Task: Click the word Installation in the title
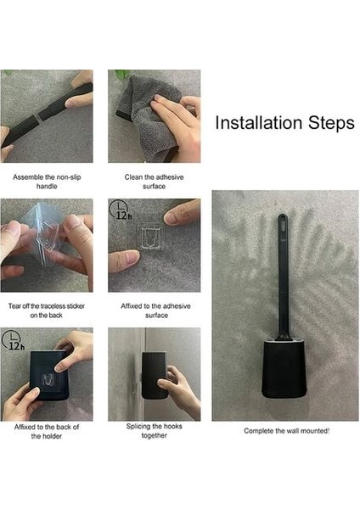pyautogui.click(x=259, y=123)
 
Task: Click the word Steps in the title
pyautogui.click(x=331, y=123)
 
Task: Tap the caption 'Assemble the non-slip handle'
pyautogui.click(x=47, y=182)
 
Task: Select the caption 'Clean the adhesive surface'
pyautogui.click(x=154, y=182)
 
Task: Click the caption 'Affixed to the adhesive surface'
pyautogui.click(x=155, y=310)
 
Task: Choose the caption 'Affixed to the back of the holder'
pyautogui.click(x=47, y=431)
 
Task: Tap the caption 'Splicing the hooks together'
pyautogui.click(x=154, y=431)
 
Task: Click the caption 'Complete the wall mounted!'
pyautogui.click(x=287, y=431)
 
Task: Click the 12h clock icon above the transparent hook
pyautogui.click(x=119, y=210)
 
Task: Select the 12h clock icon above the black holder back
pyautogui.click(x=13, y=339)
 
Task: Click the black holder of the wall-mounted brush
pyautogui.click(x=284, y=368)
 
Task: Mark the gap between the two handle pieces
pyautogui.click(x=37, y=116)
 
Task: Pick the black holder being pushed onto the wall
pyautogui.click(x=155, y=376)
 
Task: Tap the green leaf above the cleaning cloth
pyautogui.click(x=122, y=75)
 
